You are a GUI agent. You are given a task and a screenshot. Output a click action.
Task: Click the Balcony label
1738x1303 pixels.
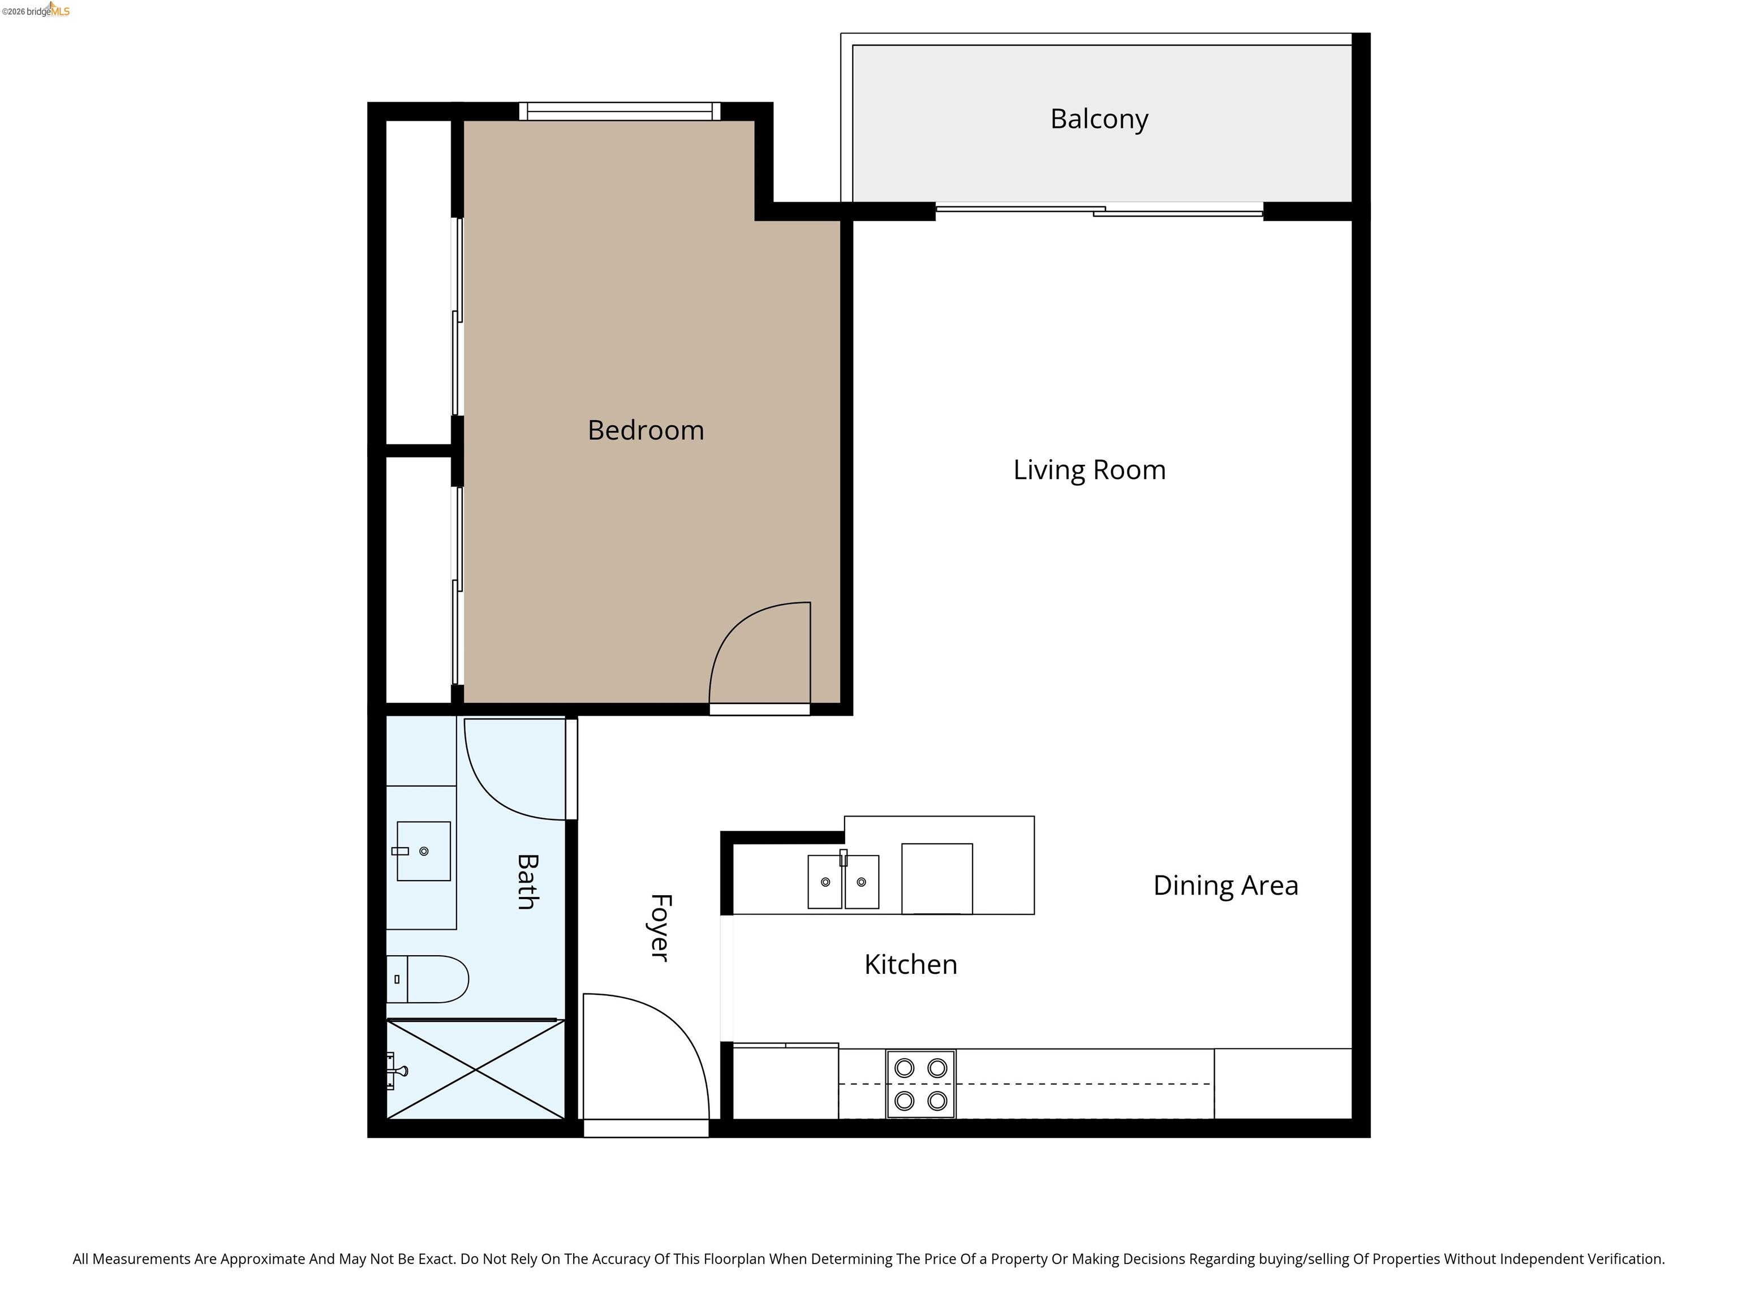pyautogui.click(x=1099, y=119)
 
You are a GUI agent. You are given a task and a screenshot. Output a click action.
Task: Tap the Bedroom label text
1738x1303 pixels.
pyautogui.click(x=646, y=430)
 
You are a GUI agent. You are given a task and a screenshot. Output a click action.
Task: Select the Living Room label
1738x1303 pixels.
pyautogui.click(x=1089, y=469)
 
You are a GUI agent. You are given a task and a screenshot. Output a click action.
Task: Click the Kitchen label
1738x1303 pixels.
pyautogui.click(x=911, y=964)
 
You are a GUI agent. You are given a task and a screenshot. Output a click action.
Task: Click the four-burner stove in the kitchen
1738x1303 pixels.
pyautogui.click(x=921, y=1084)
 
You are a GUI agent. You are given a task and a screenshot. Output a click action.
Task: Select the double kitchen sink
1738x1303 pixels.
pyautogui.click(x=843, y=881)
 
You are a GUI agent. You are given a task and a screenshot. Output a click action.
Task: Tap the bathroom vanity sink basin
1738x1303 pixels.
pyautogui.click(x=424, y=851)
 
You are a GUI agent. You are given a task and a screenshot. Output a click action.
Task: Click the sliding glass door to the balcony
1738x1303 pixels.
pyautogui.click(x=1099, y=210)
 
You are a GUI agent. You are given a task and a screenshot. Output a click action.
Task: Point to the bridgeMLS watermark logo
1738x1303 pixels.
pyautogui.click(x=36, y=10)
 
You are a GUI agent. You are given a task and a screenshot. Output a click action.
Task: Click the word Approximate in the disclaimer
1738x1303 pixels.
pyautogui.click(x=261, y=1259)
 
